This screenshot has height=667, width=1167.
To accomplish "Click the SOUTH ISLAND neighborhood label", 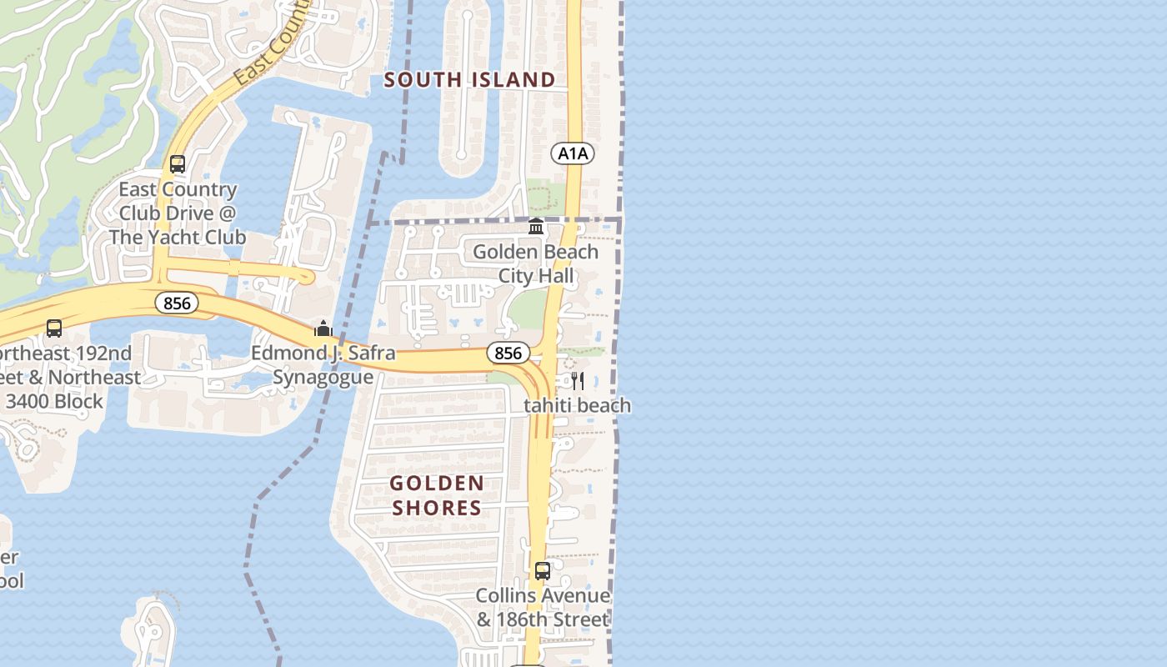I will coord(469,80).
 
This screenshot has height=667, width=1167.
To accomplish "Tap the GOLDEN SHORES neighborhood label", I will coord(437,495).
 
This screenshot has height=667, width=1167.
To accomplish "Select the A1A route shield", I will coord(573,153).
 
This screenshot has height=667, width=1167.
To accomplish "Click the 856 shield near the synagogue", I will coord(177,303).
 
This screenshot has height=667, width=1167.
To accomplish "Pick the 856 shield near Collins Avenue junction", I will coord(508,354).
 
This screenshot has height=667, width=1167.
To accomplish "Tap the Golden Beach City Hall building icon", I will coord(536,227).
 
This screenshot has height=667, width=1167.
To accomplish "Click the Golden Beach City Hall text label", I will coord(535,263).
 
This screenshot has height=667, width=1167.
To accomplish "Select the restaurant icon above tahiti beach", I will coord(577,382).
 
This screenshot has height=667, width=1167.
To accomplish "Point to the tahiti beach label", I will coord(577,406).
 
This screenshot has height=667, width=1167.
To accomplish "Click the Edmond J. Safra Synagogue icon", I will coord(323,328).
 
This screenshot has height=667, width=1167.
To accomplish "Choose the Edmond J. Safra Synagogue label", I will coord(323,365).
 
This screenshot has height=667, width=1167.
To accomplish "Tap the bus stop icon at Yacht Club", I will coord(177,164).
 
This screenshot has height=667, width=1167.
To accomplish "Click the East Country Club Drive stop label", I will coord(178,213).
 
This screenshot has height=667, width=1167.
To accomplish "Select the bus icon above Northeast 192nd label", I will coord(54,329).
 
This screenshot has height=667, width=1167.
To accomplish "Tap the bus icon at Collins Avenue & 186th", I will coord(543,571).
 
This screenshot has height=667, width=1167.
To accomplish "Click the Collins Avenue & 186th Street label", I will coord(543,608).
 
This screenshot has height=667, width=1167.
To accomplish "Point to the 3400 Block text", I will coord(55,401).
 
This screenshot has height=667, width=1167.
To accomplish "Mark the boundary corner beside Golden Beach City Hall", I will coord(620,220).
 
